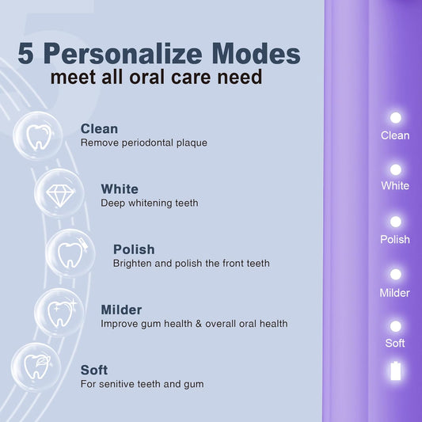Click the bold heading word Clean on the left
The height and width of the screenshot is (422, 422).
99,128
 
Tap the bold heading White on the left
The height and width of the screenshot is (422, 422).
120,189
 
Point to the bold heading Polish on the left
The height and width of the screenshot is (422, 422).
134,249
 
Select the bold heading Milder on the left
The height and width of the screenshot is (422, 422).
121,310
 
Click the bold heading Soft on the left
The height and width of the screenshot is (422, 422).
94,370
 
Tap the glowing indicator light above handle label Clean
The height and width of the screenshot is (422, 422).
396,118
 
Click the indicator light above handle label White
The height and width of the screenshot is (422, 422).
396,169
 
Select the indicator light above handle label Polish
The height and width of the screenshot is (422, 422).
396,222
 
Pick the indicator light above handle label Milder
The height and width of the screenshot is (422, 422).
396,274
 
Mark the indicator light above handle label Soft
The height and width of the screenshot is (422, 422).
396,325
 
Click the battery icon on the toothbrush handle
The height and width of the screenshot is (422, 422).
396,371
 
